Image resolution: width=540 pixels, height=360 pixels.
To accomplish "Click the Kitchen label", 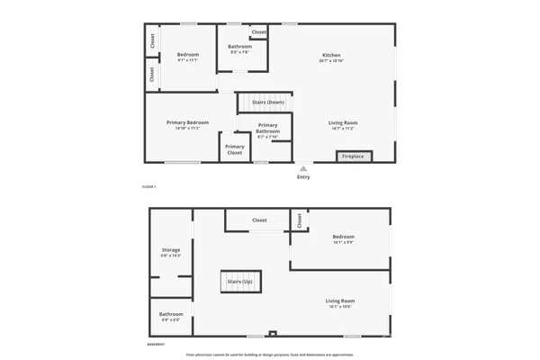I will click(x=332, y=56).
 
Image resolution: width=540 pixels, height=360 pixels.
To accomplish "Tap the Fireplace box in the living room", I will click(x=352, y=157).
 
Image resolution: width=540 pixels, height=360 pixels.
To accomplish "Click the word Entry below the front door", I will click(x=303, y=176).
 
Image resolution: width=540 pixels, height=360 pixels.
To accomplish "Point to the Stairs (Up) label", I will click(x=239, y=282).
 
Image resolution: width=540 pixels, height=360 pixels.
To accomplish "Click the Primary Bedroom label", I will click(x=188, y=122).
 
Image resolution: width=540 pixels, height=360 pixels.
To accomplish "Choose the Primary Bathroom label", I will click(x=268, y=128).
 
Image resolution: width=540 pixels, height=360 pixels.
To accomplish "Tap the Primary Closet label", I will click(x=235, y=149).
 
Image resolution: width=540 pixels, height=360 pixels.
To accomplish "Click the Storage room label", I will click(x=171, y=249).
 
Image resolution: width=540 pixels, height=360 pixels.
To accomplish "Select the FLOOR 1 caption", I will click(x=149, y=186).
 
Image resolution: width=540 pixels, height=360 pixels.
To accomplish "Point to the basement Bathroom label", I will click(x=171, y=314).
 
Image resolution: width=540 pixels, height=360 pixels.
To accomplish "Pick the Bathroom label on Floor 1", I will click(x=239, y=47).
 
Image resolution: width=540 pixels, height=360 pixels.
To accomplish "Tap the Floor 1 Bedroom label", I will click(x=187, y=55).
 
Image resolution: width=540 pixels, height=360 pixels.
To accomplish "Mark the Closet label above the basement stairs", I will click(x=259, y=220).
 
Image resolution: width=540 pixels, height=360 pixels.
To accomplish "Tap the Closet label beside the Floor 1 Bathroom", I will click(x=259, y=32).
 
